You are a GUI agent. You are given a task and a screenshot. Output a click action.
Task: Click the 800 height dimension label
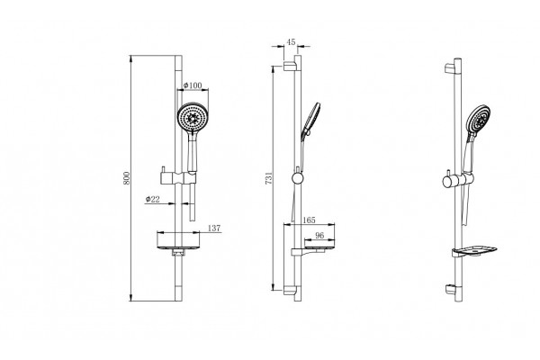click(127, 178)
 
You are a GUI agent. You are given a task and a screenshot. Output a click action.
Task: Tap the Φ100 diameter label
click(193, 85)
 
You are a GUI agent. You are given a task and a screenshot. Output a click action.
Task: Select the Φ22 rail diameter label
click(153, 199)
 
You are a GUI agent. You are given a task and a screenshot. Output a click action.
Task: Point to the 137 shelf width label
click(214, 228)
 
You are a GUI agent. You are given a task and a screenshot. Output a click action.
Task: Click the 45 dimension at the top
click(291, 42)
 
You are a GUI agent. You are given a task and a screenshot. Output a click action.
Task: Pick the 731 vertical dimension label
click(269, 178)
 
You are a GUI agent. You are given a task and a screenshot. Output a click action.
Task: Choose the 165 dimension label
click(309, 220)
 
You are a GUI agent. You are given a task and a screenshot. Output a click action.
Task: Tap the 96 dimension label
click(319, 235)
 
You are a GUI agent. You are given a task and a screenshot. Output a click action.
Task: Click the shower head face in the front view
click(193, 117)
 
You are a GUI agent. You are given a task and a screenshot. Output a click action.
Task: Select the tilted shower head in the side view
click(310, 120)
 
